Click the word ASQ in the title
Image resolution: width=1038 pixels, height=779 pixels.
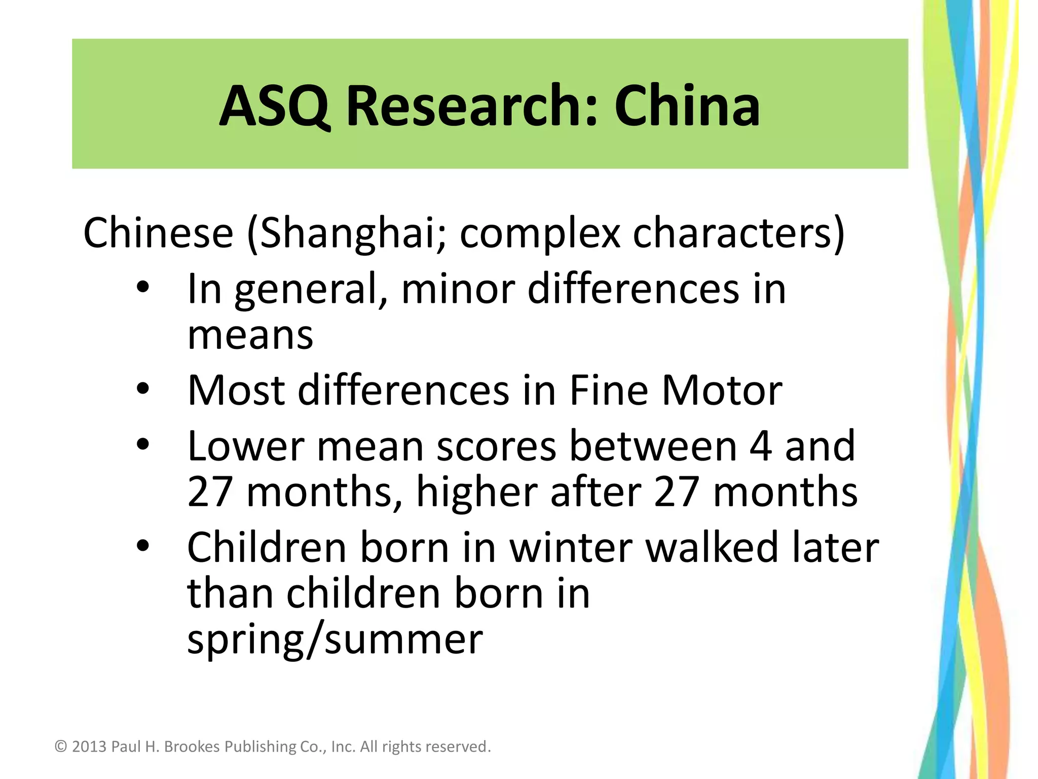274,107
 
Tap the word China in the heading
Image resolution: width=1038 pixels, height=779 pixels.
687,107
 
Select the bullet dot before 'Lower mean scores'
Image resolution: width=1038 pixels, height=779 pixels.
143,445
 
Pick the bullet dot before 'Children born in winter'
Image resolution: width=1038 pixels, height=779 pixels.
143,546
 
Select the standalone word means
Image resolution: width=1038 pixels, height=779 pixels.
250,336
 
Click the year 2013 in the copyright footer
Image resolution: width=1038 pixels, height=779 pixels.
89,747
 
